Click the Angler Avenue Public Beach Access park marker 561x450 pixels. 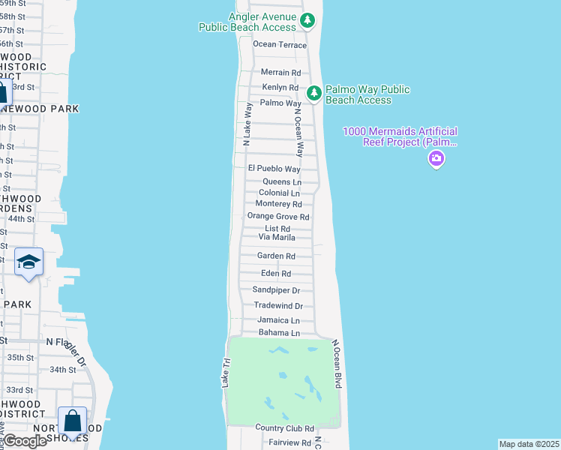pyautogui.click(x=307, y=20)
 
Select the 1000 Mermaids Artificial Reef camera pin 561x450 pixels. pyautogui.click(x=436, y=159)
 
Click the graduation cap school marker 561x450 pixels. pyautogui.click(x=28, y=262)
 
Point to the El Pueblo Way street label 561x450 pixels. pyautogui.click(x=274, y=169)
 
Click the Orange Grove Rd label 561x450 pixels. pyautogui.click(x=278, y=217)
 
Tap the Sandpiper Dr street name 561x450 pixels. pyautogui.click(x=276, y=290)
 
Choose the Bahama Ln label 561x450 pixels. pyautogui.click(x=279, y=333)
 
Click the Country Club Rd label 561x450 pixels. pyautogui.click(x=284, y=428)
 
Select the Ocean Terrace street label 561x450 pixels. pyautogui.click(x=280, y=45)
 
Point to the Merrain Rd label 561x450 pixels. pyautogui.click(x=280, y=73)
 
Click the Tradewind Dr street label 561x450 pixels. pyautogui.click(x=278, y=306)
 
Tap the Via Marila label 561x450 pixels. pyautogui.click(x=277, y=237)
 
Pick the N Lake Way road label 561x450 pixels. pyautogui.click(x=247, y=124)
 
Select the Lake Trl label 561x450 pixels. pyautogui.click(x=223, y=372)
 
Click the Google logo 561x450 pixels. pyautogui.click(x=24, y=441)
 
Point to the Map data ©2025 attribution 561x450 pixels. pyautogui.click(x=528, y=444)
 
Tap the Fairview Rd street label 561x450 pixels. pyautogui.click(x=289, y=443)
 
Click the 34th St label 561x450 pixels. pyautogui.click(x=63, y=370)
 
